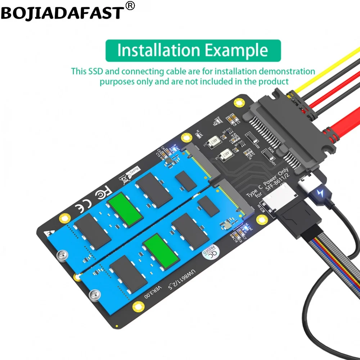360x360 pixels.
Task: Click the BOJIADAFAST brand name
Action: tap(62, 13)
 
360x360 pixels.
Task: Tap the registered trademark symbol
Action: tap(130, 6)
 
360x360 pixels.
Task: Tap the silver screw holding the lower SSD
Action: tap(94, 295)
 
